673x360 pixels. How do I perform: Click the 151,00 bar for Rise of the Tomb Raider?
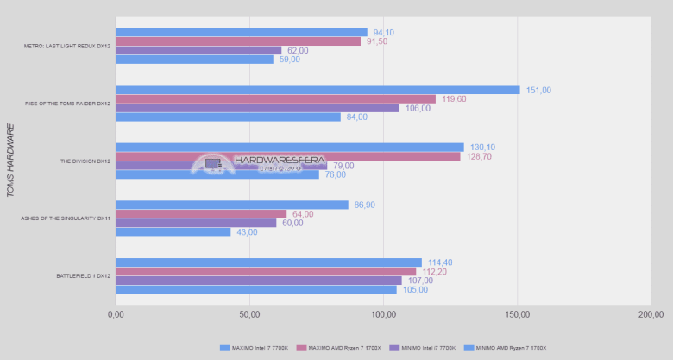pos(318,90)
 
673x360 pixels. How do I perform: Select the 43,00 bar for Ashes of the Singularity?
pos(173,232)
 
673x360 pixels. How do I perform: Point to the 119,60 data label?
pos(454,99)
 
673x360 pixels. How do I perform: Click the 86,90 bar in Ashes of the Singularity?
pos(232,205)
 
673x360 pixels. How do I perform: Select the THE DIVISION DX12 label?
pos(85,161)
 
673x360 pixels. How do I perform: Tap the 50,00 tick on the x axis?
pos(249,315)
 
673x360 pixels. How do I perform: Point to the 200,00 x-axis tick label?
pos(651,315)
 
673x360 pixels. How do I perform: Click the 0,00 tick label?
pos(116,315)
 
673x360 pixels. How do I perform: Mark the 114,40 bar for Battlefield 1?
pos(268,262)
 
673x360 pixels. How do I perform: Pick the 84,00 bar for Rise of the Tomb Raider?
pos(228,117)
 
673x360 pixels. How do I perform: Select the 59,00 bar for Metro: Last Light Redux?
pos(194,60)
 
